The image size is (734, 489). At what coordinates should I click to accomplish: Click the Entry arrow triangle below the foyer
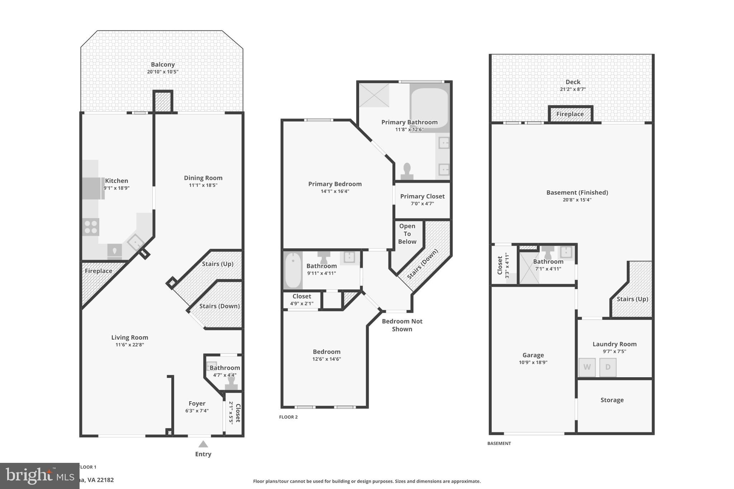203,444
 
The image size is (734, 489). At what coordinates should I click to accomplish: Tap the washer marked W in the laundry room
587,367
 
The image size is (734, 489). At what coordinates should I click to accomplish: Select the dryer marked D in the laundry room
608,367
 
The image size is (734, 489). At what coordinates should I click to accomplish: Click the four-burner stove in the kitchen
91,227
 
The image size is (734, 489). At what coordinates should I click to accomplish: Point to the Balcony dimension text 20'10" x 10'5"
163,72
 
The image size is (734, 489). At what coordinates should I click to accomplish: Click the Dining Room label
203,178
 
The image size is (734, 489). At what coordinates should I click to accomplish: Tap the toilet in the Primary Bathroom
407,171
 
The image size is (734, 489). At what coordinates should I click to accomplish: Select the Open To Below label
407,234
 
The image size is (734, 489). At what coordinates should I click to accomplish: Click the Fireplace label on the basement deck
570,114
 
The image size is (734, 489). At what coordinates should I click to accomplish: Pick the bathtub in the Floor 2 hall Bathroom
293,270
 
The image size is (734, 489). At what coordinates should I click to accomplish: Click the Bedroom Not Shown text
402,325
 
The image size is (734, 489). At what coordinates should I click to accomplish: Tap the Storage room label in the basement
612,400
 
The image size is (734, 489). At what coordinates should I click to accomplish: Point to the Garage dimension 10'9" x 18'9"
533,362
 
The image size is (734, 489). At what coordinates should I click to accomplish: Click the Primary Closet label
422,196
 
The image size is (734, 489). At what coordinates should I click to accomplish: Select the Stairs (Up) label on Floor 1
218,264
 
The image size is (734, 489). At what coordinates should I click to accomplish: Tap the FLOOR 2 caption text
288,417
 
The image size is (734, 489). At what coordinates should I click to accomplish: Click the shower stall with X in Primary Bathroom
374,95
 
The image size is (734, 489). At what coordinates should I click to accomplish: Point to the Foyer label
197,403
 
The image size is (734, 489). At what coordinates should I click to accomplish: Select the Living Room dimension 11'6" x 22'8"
129,345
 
